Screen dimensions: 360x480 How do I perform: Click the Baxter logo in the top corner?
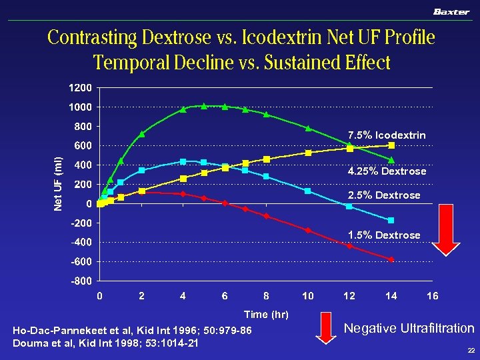coord(451,11)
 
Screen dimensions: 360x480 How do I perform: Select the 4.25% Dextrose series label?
coord(387,171)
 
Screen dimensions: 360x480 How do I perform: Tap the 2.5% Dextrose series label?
coord(384,195)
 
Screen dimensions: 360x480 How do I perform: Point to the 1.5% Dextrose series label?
coord(384,235)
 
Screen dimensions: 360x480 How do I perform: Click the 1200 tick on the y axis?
coord(79,88)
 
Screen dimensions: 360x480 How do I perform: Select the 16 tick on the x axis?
coord(432,296)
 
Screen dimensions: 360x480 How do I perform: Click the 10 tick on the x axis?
coord(307,296)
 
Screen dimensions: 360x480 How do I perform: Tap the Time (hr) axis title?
coord(266,314)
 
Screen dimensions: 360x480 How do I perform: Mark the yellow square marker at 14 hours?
coord(391,145)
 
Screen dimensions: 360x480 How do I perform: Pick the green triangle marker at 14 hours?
coord(391,160)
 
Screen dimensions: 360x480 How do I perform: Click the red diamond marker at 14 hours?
coord(391,259)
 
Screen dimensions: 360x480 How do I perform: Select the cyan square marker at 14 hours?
coord(391,220)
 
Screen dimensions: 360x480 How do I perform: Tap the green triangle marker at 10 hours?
coord(308,127)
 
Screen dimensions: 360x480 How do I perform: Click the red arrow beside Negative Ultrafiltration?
coord(325,329)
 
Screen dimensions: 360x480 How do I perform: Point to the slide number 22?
coord(471,351)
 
